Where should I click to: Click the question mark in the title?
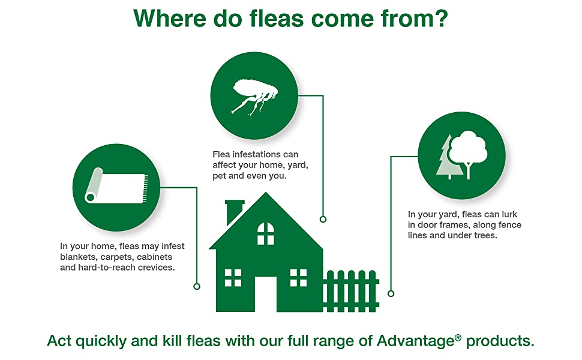click(440, 18)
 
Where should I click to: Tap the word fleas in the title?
click(276, 18)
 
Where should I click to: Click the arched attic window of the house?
click(266, 234)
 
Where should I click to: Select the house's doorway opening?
click(266, 294)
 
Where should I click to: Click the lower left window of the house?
click(233, 278)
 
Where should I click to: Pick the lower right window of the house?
click(298, 278)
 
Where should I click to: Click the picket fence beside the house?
click(351, 291)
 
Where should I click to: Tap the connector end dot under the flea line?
click(323, 220)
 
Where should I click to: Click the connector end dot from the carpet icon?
click(197, 287)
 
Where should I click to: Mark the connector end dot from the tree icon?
click(391, 293)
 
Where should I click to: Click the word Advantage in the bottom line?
click(416, 341)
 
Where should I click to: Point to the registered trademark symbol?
click(458, 337)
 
